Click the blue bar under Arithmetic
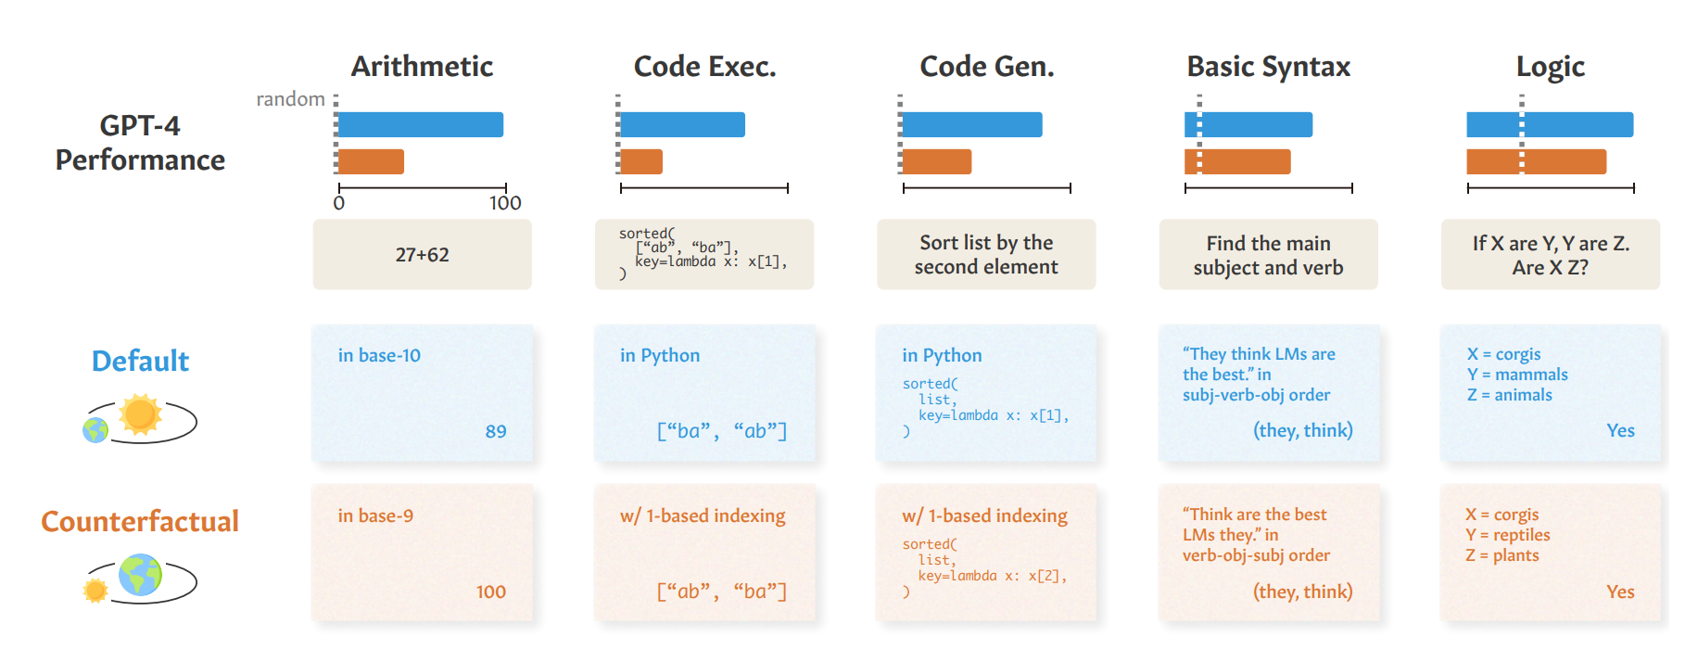[421, 124]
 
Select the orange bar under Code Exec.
[641, 161]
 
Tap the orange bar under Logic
[1536, 161]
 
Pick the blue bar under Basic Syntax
[1248, 124]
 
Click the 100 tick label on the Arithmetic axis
[505, 203]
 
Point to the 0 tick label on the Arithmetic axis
[339, 203]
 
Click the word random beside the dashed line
[290, 99]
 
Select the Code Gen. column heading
[987, 66]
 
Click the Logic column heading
[1551, 67]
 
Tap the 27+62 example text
[422, 255]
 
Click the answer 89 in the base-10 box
[496, 431]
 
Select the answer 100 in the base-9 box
[491, 592]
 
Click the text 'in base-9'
[375, 515]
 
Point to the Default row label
[140, 361]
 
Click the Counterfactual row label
[140, 521]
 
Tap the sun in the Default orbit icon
[141, 414]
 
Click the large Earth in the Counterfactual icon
[140, 575]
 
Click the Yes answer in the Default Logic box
[1620, 430]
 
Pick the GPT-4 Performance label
[140, 143]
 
